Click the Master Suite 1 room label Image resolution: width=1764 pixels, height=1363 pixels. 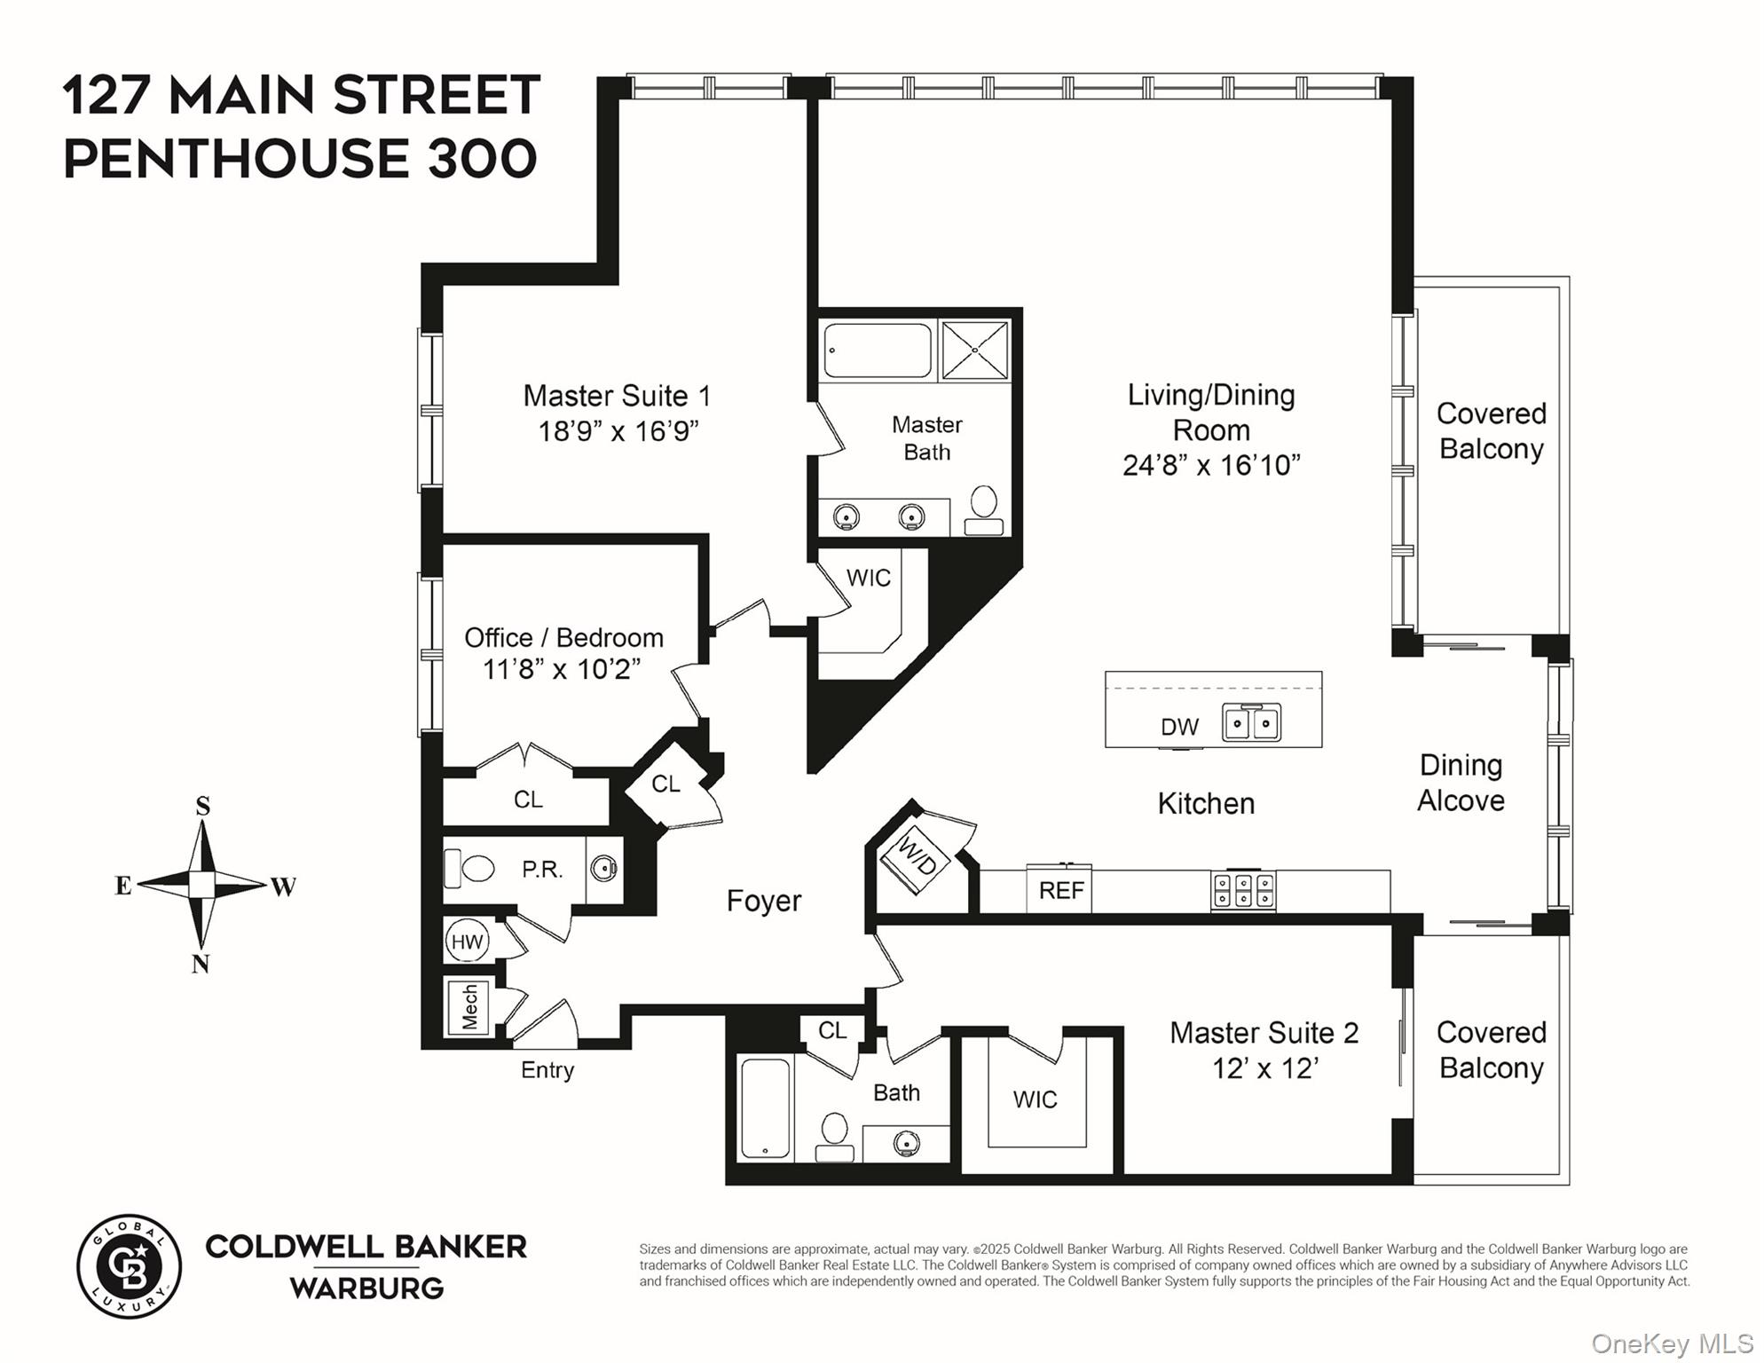(617, 396)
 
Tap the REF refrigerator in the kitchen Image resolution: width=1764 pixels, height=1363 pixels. (1060, 889)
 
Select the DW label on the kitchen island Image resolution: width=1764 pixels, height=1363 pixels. (1179, 727)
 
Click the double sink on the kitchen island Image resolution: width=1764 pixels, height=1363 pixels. (1251, 722)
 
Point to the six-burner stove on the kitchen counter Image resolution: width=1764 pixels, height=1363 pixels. (1243, 891)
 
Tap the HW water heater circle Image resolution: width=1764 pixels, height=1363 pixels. (467, 941)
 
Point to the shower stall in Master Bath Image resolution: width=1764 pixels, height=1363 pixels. (974, 351)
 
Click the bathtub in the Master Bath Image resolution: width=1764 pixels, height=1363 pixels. (877, 351)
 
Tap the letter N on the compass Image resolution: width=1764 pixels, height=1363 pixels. (201, 964)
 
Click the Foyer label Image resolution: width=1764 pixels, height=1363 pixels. (763, 901)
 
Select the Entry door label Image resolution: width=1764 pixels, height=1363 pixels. (547, 1070)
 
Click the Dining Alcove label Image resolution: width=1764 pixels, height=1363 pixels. (1461, 783)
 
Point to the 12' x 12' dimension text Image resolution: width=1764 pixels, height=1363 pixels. (1264, 1068)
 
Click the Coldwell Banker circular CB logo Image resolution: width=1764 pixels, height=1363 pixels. (130, 1266)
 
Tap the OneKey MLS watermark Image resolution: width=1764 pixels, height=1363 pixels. (1671, 1343)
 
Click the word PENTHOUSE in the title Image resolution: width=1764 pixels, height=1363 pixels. (236, 159)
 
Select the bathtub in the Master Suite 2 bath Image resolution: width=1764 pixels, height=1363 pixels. (765, 1107)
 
